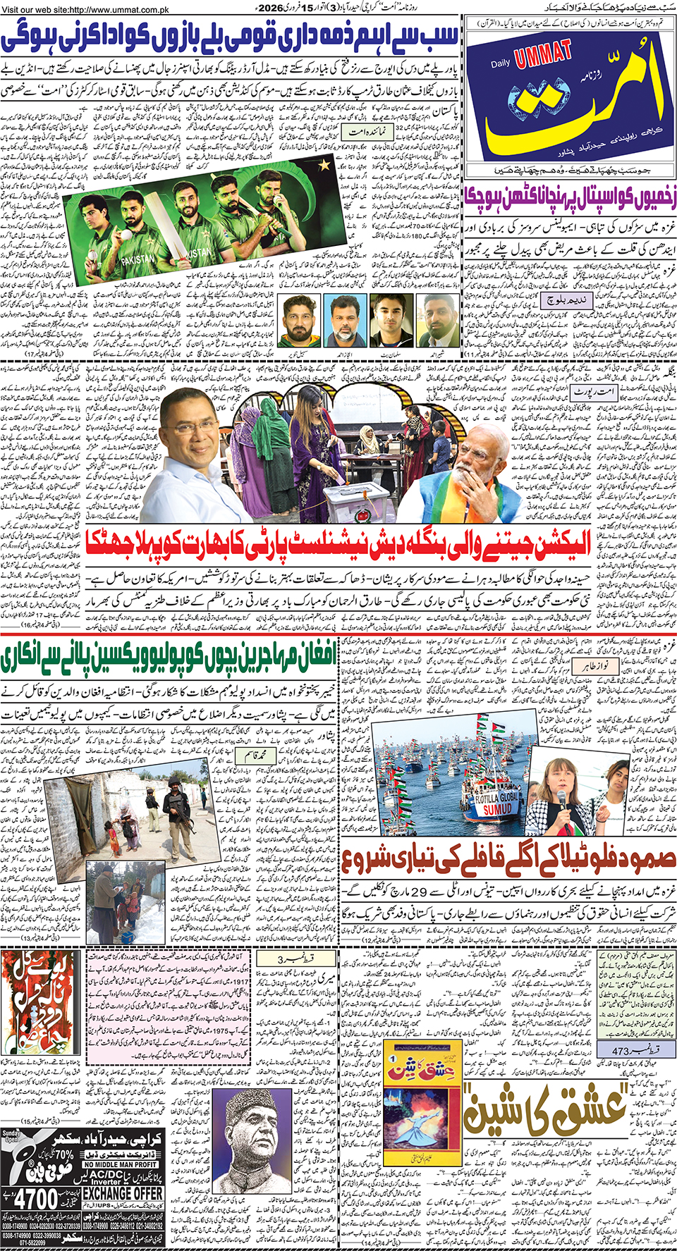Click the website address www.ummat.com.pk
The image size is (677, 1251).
[88, 8]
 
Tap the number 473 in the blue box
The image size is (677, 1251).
[621, 1051]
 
